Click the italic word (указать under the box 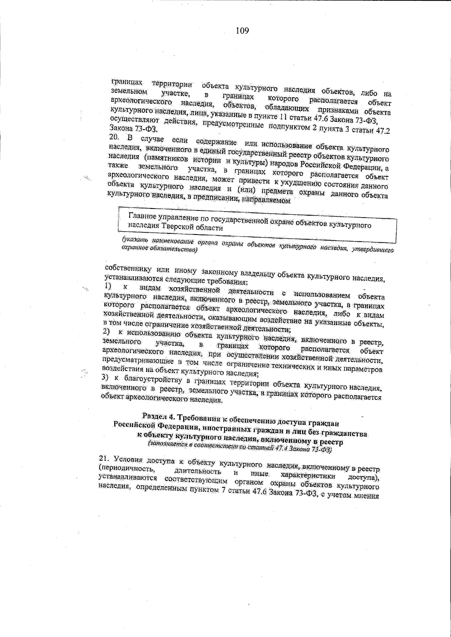tap(134, 239)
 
